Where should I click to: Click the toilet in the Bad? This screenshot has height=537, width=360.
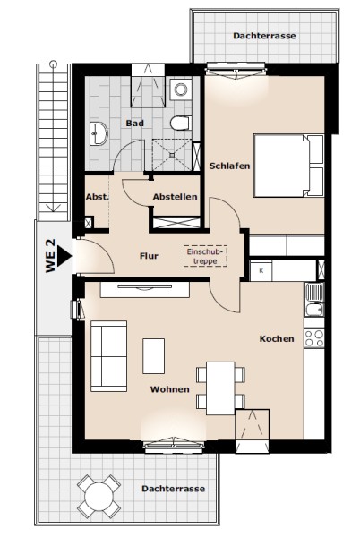[181, 124]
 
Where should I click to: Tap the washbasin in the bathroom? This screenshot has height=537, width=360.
[99, 133]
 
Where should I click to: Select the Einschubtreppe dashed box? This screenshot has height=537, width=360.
[205, 256]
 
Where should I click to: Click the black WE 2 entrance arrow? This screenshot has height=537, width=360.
[64, 256]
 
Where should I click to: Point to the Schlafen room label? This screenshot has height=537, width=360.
[229, 166]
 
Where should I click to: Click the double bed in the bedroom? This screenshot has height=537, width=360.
[288, 166]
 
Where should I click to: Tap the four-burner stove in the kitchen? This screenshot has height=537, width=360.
[314, 338]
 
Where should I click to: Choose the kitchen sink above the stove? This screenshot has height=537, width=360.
[314, 300]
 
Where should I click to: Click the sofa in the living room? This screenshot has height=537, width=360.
[109, 356]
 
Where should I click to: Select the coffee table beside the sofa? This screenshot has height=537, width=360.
[153, 356]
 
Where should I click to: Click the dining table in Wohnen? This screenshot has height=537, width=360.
[220, 388]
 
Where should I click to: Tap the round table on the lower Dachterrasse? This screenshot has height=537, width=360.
[99, 496]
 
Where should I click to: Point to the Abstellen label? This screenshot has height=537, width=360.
[175, 197]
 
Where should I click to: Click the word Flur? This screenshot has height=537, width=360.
[149, 256]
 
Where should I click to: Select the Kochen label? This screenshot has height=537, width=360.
[277, 338]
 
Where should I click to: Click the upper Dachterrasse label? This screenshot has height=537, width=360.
[264, 36]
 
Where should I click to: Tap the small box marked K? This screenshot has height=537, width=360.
[261, 271]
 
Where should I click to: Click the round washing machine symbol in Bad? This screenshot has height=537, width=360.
[181, 89]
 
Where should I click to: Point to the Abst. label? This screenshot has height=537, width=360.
[98, 197]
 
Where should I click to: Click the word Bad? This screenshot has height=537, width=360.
[134, 123]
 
